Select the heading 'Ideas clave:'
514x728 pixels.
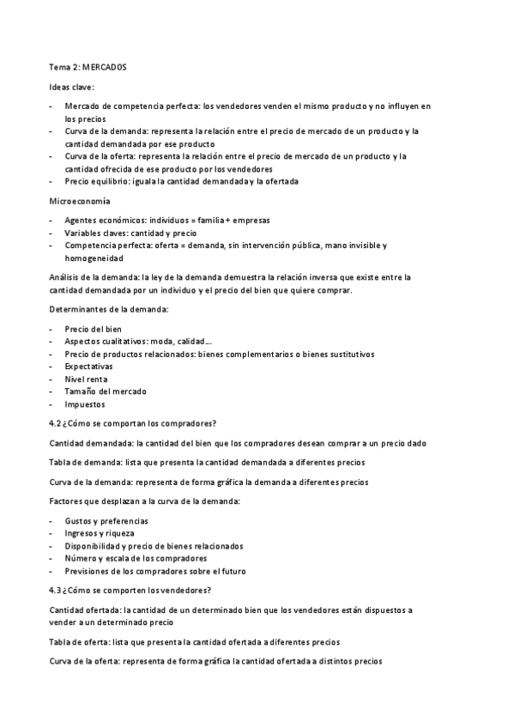pos(71,87)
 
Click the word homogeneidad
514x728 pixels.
pos(94,258)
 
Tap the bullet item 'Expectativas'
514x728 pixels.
pos(88,367)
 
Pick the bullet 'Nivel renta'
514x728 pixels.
pos(87,379)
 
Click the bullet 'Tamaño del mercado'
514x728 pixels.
pos(105,391)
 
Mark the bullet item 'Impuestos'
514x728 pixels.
pos(84,404)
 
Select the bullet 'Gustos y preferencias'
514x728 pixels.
pos(106,521)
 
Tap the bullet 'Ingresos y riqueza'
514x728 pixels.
pos(99,533)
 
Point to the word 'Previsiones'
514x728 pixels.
pos(87,571)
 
